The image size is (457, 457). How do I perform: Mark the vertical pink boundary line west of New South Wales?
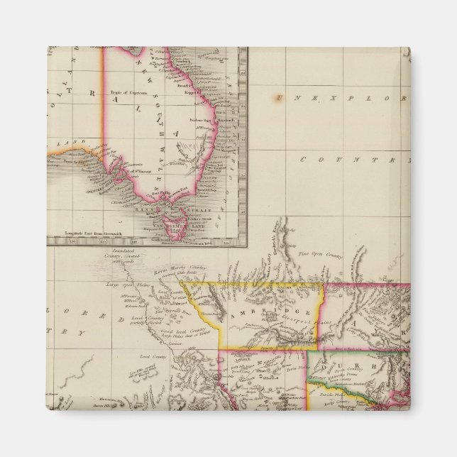point(104,106)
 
